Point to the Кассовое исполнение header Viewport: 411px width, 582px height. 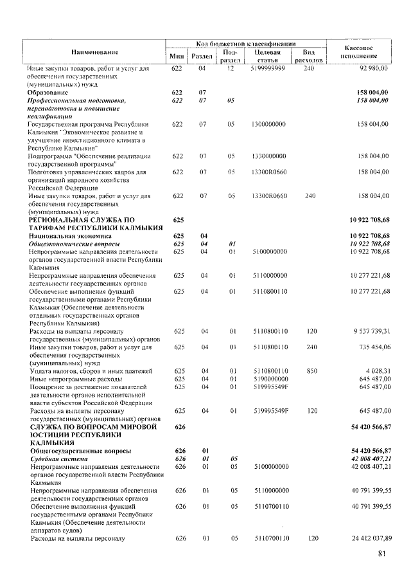[x=359, y=52]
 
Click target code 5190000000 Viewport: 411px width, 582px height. [x=270, y=379]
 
